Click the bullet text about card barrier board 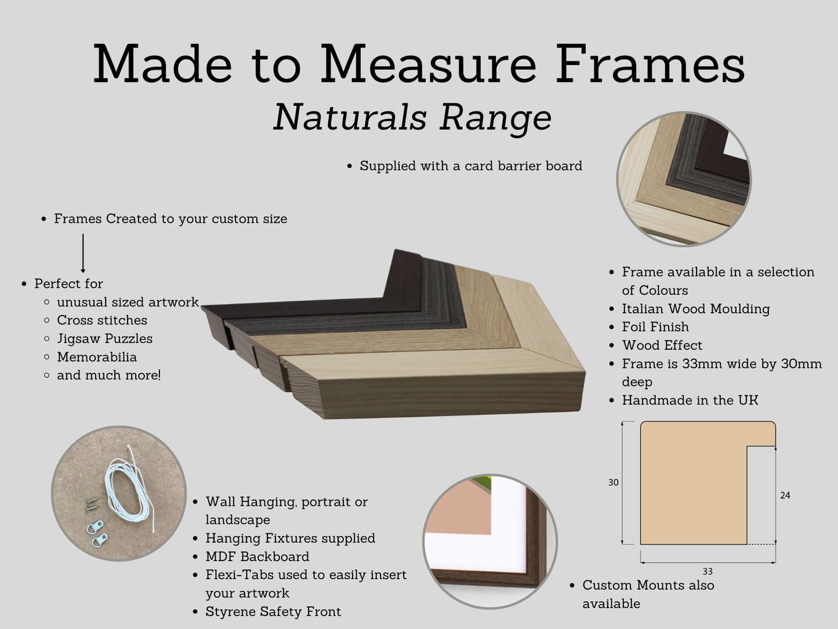(470, 166)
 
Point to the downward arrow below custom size (83, 253)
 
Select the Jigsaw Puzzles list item (104, 339)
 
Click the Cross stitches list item (101, 320)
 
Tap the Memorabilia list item (96, 357)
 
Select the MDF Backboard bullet (257, 557)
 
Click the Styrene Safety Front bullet (273, 612)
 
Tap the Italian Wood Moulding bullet (695, 309)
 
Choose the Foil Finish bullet (655, 327)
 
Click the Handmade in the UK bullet (690, 400)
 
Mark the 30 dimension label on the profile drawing (613, 483)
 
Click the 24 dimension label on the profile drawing (785, 496)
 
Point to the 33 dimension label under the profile (707, 572)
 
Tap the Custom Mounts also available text (648, 594)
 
